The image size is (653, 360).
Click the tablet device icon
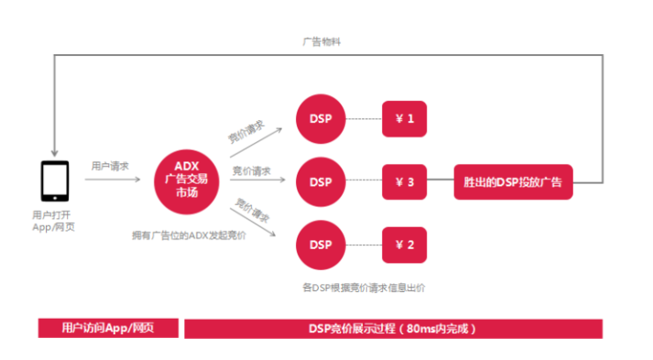(x=55, y=180)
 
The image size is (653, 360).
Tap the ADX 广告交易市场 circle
(x=187, y=180)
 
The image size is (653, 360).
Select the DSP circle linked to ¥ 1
(x=321, y=118)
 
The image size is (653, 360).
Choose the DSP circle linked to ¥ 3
(x=321, y=181)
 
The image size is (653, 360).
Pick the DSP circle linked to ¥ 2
(x=321, y=245)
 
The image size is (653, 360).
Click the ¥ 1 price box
(x=405, y=118)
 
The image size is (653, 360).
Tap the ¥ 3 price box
(x=405, y=181)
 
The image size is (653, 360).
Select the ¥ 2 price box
(x=405, y=245)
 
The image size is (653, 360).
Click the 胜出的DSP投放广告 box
(x=513, y=181)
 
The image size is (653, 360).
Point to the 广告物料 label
(x=321, y=42)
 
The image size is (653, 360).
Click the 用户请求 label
(x=110, y=166)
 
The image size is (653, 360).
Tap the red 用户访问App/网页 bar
(x=108, y=328)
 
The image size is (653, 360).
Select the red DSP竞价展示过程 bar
(x=394, y=328)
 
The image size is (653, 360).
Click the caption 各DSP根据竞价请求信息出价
(x=364, y=287)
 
